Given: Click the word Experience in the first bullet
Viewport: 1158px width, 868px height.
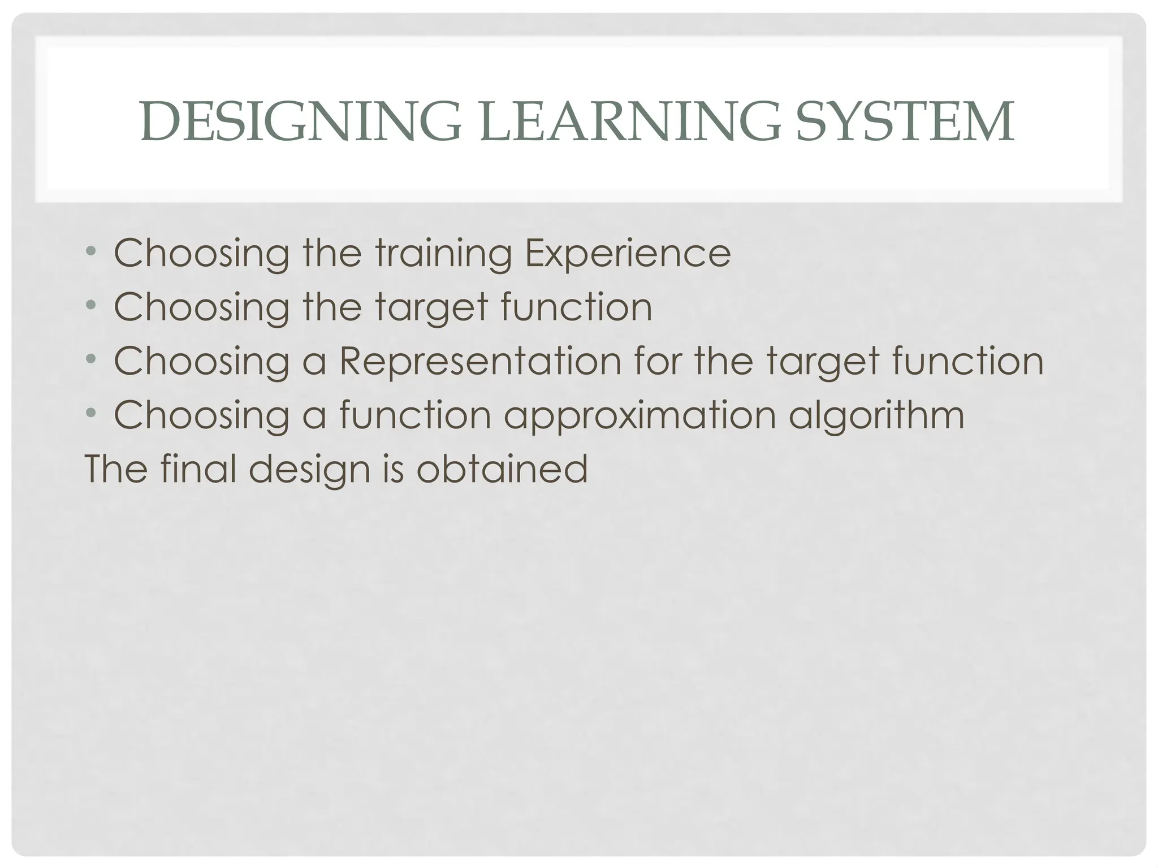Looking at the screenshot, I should (x=628, y=254).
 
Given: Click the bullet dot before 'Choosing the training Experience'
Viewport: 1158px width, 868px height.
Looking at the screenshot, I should (x=91, y=252).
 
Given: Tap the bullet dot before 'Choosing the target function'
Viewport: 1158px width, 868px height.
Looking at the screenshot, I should (x=91, y=306).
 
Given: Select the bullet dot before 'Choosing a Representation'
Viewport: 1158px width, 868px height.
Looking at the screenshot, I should (x=91, y=360).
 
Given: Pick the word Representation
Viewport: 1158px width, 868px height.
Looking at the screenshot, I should (x=480, y=362).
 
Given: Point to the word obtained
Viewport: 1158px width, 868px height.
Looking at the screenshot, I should (x=502, y=469).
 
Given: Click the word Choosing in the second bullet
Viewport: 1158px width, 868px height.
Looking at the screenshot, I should (x=202, y=307).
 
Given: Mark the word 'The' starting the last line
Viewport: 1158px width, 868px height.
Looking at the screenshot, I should (x=117, y=468).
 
